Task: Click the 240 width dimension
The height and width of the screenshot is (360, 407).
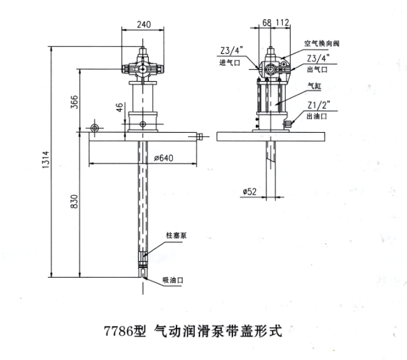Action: (x=144, y=25)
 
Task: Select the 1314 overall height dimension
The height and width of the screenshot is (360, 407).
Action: (x=45, y=160)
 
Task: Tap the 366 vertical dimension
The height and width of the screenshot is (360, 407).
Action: (x=74, y=102)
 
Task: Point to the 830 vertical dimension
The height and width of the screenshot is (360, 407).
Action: (x=74, y=201)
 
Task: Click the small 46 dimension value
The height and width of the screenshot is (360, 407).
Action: (x=119, y=107)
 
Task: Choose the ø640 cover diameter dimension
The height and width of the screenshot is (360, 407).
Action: (x=164, y=158)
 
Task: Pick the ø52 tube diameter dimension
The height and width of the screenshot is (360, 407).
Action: (x=250, y=192)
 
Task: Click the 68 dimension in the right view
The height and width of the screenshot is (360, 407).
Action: (x=267, y=23)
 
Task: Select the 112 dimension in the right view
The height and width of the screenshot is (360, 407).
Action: (x=283, y=22)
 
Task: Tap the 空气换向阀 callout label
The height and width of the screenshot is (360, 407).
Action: (x=321, y=43)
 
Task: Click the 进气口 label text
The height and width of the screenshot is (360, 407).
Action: (x=230, y=62)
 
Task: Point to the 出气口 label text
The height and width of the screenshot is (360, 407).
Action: (x=317, y=70)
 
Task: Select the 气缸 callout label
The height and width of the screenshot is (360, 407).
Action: (x=315, y=85)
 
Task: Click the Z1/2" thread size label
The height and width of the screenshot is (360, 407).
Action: (x=319, y=105)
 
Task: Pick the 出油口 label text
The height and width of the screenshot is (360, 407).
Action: (x=317, y=116)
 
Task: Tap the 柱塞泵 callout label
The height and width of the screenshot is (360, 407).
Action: (x=177, y=236)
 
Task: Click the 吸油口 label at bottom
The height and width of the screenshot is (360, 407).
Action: (x=173, y=280)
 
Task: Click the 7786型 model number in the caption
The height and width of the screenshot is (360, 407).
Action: (x=125, y=331)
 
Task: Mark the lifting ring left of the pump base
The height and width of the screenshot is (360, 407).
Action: (x=95, y=128)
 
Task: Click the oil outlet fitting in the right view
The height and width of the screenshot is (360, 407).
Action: (x=288, y=124)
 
